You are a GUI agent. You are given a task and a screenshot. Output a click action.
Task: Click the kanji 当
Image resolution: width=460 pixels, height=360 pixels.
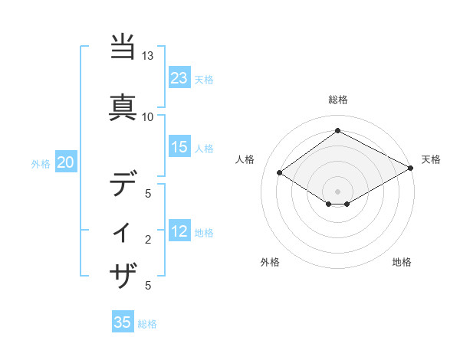pyautogui.click(x=123, y=47)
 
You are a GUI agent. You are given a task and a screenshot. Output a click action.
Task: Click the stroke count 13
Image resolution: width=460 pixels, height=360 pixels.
pyautogui.click(x=147, y=56)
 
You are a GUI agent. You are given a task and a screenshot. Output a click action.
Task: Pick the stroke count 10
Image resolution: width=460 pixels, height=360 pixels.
pyautogui.click(x=147, y=116)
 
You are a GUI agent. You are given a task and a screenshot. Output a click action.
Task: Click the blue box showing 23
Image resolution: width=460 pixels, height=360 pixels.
pyautogui.click(x=179, y=78)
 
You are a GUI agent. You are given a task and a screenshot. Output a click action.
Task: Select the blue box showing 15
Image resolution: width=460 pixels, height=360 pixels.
pyautogui.click(x=179, y=147)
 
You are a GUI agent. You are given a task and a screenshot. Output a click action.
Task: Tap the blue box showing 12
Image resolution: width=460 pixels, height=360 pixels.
pyautogui.click(x=179, y=232)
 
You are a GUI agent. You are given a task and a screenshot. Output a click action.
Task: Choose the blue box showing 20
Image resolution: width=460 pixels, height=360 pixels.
pyautogui.click(x=66, y=162)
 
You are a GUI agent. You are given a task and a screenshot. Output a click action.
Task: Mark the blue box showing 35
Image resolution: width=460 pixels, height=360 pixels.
pyautogui.click(x=123, y=322)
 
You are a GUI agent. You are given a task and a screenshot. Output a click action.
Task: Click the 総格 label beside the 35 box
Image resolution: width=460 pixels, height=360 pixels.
pyautogui.click(x=147, y=324)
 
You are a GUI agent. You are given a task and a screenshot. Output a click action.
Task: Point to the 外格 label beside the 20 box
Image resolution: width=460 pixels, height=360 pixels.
pyautogui.click(x=41, y=163)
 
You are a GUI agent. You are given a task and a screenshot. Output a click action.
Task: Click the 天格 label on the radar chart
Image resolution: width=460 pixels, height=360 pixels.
pyautogui.click(x=431, y=159)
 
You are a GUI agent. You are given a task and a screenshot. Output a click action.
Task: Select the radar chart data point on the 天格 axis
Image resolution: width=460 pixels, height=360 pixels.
pyautogui.click(x=411, y=169)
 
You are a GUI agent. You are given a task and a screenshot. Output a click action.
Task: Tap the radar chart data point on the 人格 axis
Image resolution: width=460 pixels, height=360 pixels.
pyautogui.click(x=280, y=173)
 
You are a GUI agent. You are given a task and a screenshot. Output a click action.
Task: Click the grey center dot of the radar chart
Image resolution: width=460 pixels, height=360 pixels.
pyautogui.click(x=337, y=191)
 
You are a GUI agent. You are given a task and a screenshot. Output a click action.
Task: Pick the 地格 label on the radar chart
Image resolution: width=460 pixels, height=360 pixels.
pyautogui.click(x=402, y=262)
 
